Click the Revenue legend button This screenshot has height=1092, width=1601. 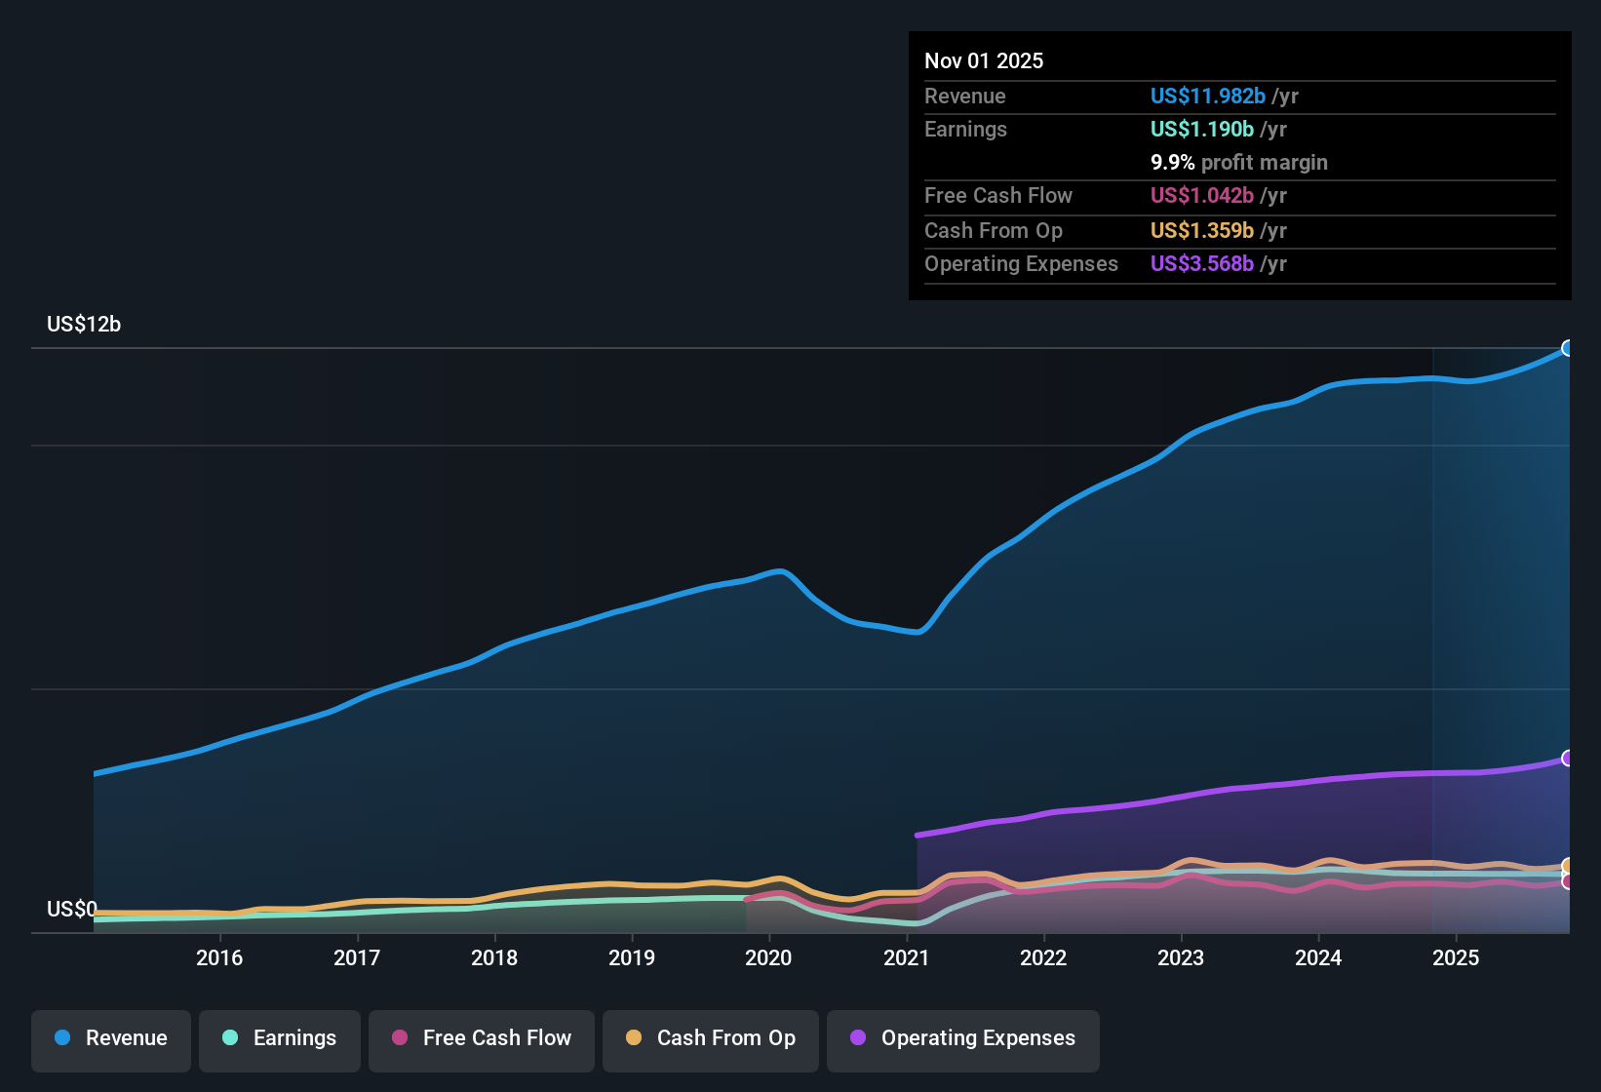[x=111, y=1038]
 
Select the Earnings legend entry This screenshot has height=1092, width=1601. [x=280, y=1038]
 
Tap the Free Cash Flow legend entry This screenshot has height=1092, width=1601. [x=482, y=1038]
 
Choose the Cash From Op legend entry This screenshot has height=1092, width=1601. [x=711, y=1038]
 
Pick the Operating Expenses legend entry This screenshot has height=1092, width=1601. [x=963, y=1038]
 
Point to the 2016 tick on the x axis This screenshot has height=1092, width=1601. [x=219, y=957]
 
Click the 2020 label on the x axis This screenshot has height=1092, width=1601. [x=768, y=957]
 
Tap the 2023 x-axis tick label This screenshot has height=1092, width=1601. [x=1181, y=957]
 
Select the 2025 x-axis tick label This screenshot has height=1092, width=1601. [x=1456, y=957]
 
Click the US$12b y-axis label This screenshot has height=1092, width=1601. [x=84, y=325]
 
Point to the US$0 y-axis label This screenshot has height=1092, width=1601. [x=72, y=910]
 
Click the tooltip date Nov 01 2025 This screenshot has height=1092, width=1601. [x=984, y=61]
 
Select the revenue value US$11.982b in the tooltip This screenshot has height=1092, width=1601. [x=1207, y=97]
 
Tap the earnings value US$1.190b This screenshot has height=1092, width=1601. [x=1201, y=130]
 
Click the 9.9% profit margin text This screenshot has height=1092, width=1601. [x=1238, y=163]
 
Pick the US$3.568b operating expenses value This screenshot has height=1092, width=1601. [x=1201, y=264]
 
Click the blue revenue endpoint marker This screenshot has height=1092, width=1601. [x=1568, y=348]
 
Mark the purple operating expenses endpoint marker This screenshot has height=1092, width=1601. [x=1568, y=758]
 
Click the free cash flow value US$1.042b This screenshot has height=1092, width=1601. [x=1201, y=196]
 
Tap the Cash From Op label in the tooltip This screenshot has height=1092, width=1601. [x=993, y=231]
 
